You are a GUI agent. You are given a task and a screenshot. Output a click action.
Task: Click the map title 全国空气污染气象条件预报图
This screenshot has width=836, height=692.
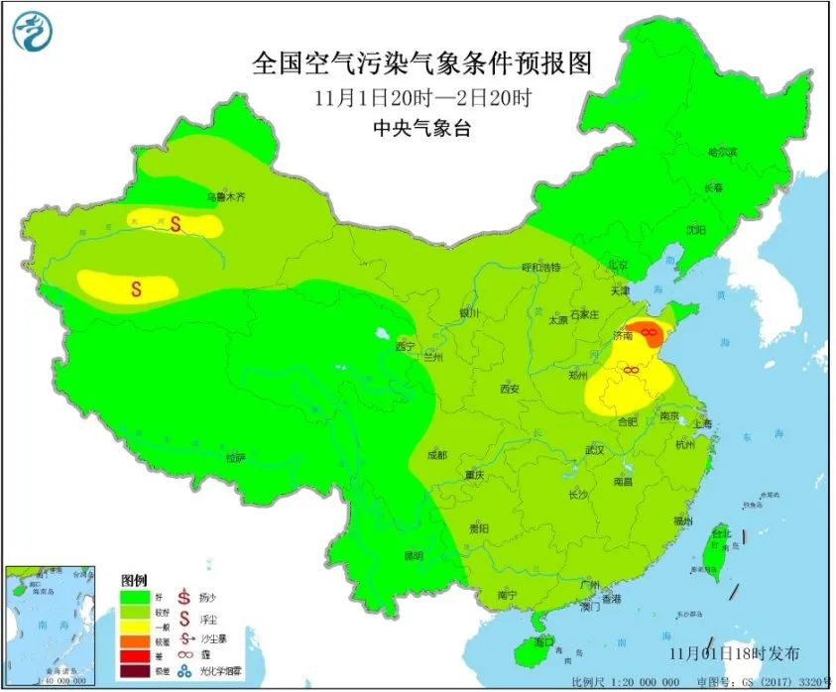(x=421, y=63)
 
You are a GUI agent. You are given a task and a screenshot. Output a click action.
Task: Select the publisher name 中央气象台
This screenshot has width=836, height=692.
(x=421, y=127)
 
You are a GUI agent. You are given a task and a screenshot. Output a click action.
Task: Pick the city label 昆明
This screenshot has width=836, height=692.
(x=413, y=555)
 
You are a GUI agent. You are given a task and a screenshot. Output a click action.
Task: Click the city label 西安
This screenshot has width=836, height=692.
(x=509, y=390)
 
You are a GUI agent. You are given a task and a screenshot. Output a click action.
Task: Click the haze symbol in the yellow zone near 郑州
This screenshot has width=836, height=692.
(x=629, y=370)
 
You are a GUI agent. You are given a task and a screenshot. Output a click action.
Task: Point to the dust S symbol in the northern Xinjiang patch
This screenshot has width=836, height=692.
(x=176, y=224)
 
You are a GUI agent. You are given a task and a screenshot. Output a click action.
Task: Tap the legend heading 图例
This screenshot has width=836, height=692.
(x=134, y=579)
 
